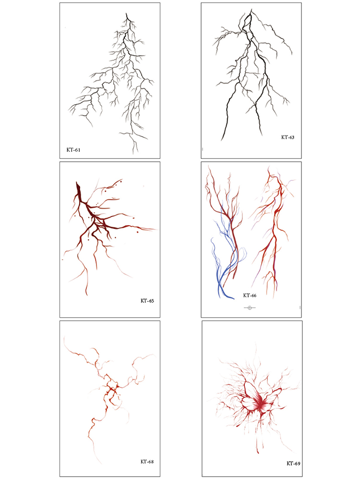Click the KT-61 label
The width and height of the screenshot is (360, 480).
(73, 150)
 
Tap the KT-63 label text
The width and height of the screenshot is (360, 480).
(288, 137)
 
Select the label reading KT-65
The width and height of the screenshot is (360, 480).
(147, 301)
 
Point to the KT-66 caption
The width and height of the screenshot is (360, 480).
(250, 295)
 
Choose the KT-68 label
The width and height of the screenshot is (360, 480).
(147, 462)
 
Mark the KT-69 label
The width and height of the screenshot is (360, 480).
(293, 464)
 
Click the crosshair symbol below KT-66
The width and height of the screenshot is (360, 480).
(250, 308)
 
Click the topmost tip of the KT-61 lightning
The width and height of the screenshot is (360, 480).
(126, 13)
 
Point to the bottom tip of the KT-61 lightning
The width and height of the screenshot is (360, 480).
(134, 154)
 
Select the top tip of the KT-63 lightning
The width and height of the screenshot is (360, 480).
(252, 9)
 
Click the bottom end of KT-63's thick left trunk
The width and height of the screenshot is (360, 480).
(222, 141)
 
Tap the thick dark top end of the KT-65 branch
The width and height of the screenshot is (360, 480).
(77, 183)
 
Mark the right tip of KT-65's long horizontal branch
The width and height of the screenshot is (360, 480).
(157, 229)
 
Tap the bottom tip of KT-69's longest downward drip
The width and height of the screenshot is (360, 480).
(258, 453)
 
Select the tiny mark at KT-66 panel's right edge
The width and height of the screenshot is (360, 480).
(300, 307)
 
